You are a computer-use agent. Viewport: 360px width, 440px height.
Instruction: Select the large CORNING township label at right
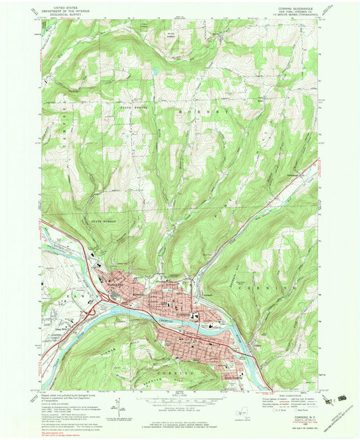(290, 288)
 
